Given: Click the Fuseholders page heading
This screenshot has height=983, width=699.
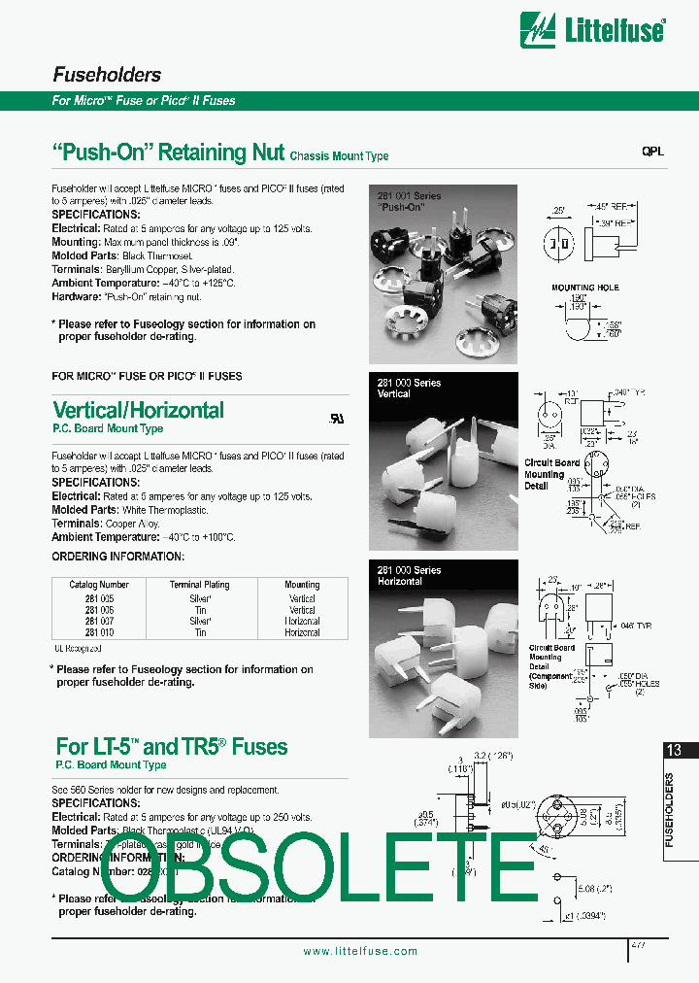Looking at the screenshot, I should pyautogui.click(x=106, y=75).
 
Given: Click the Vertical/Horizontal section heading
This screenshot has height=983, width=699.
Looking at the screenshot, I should pyautogui.click(x=138, y=410).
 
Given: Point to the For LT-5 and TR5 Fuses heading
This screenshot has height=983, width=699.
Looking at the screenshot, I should pyautogui.click(x=172, y=746).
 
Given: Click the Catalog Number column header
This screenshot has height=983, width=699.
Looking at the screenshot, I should pyautogui.click(x=99, y=585).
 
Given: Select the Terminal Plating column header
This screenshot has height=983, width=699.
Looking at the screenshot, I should pyautogui.click(x=200, y=585).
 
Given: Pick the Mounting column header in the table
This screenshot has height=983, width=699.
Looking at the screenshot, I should pyautogui.click(x=302, y=585).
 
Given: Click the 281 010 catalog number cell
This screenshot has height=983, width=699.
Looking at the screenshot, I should pyautogui.click(x=99, y=632).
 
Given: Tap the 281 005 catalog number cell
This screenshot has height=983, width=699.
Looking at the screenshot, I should pyautogui.click(x=99, y=599).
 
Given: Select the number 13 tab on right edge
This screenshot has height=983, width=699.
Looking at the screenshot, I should pyautogui.click(x=674, y=750).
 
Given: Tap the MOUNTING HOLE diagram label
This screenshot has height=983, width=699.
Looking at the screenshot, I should pyautogui.click(x=584, y=288).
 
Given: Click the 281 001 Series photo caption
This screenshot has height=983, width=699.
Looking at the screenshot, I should pyautogui.click(x=409, y=201).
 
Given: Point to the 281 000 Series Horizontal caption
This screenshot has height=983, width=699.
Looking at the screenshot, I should pyautogui.click(x=409, y=576).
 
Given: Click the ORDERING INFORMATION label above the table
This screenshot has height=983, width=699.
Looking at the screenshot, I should pyautogui.click(x=117, y=557).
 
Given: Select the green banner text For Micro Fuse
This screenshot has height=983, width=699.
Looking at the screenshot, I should pyautogui.click(x=144, y=101).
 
